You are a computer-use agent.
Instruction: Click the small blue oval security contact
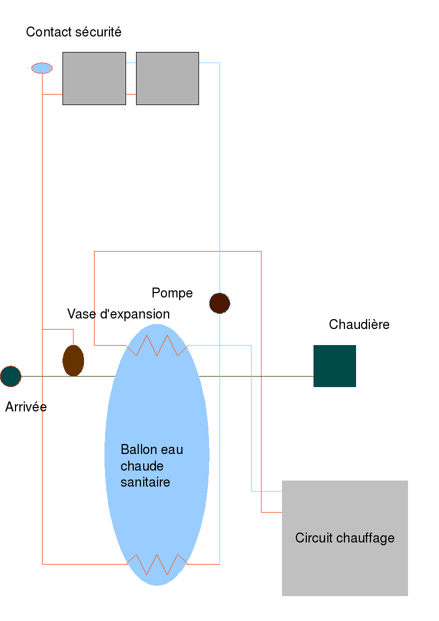tap(42, 68)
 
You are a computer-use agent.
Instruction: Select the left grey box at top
tap(94, 79)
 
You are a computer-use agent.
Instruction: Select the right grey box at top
tap(168, 79)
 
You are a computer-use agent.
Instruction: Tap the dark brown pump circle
tap(219, 303)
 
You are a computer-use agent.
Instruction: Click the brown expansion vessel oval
tap(73, 361)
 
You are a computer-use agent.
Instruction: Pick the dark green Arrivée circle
tap(11, 376)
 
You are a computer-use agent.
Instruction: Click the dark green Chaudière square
tap(335, 366)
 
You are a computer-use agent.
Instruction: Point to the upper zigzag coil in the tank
tap(157, 346)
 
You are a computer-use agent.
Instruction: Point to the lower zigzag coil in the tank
tap(157, 564)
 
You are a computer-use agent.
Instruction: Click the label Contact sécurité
tap(74, 32)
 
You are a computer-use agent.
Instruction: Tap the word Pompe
tap(172, 293)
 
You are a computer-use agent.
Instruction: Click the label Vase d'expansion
tap(118, 314)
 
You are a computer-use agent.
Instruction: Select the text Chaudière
tap(359, 325)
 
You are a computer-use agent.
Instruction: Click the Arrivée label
tap(26, 408)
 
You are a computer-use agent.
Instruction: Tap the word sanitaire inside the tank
tap(145, 482)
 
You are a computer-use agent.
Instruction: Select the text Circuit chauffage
tap(344, 537)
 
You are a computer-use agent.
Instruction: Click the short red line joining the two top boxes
tap(131, 94)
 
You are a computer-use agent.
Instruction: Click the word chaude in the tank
tap(142, 466)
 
